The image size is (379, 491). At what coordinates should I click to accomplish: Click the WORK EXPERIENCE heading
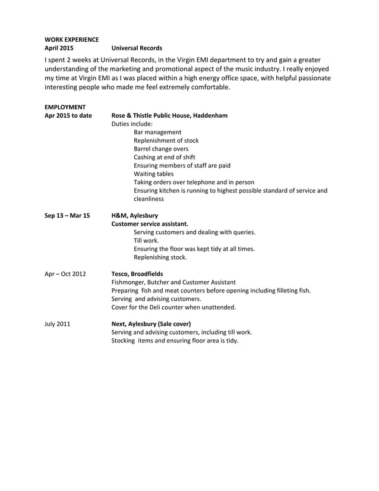[72, 39]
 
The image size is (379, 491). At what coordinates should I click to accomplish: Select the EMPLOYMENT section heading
[65, 107]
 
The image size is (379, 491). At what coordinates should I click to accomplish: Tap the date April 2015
[59, 48]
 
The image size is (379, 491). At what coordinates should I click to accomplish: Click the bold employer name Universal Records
[137, 48]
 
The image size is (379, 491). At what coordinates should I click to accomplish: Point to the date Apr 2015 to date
[68, 115]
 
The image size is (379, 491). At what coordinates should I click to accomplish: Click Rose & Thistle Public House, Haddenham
[169, 115]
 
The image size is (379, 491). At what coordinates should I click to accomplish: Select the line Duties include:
[132, 124]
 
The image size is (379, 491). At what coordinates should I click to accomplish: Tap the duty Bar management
[157, 132]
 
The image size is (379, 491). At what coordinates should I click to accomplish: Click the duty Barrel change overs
[161, 149]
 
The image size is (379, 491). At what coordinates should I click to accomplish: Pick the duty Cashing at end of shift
[165, 157]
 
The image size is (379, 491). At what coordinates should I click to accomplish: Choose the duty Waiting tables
[153, 174]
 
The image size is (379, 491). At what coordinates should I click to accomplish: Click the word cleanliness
[149, 199]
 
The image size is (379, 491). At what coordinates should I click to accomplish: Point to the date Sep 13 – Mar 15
[67, 215]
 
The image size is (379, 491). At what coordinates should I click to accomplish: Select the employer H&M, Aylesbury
[135, 215]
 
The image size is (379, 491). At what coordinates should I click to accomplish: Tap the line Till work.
[146, 241]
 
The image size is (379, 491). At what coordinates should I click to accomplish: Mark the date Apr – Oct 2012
[65, 273]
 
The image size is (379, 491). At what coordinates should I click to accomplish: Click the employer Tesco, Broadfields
[137, 273]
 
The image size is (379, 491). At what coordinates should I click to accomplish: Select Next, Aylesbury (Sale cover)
[151, 324]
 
